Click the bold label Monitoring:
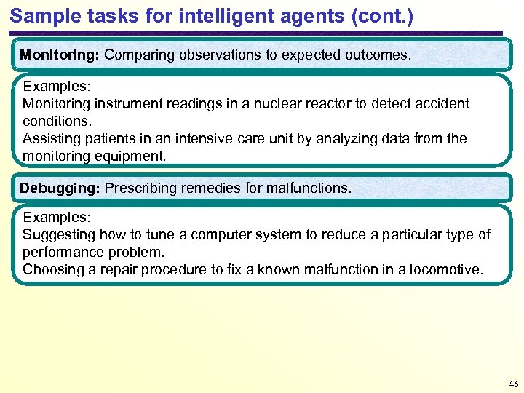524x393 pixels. (60, 55)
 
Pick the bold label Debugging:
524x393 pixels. (60, 188)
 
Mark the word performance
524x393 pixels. (65, 252)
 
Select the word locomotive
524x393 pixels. (445, 269)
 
